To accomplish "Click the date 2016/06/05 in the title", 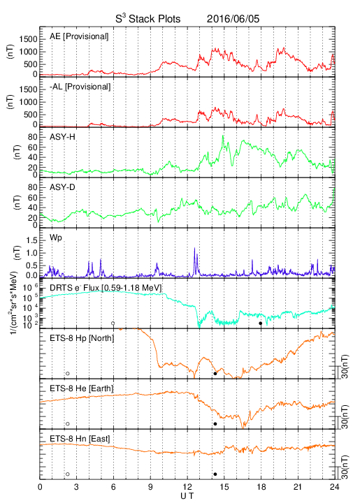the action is click(x=233, y=19).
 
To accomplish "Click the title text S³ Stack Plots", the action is click(x=148, y=18).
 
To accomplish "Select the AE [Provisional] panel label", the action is click(x=79, y=36).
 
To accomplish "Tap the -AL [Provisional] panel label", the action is click(x=80, y=87).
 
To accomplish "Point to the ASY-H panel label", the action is click(x=62, y=137).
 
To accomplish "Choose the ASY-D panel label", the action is click(x=62, y=187).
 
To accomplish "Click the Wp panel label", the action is click(x=56, y=238).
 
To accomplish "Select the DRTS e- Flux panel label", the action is click(x=106, y=288).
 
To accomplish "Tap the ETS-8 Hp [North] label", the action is click(x=82, y=338).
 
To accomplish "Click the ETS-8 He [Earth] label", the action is click(x=82, y=388).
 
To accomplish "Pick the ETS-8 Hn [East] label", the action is click(x=80, y=439).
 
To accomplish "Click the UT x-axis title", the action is click(x=187, y=496).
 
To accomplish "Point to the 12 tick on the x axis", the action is click(x=187, y=487).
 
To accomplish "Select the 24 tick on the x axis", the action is click(x=335, y=487).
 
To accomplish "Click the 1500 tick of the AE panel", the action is click(x=28, y=39).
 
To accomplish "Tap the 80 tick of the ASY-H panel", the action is click(x=33, y=138).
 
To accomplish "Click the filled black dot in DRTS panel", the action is click(x=261, y=323).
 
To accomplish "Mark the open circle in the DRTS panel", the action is click(x=113, y=323).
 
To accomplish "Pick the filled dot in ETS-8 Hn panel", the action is click(x=215, y=474).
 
